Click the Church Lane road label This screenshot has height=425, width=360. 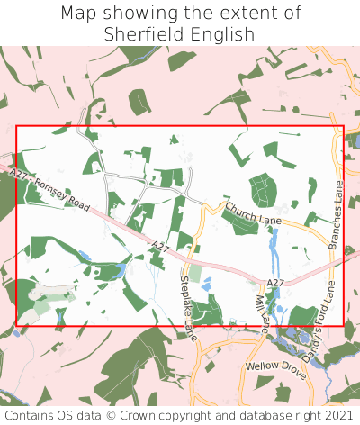[254, 213]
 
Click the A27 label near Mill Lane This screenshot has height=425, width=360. [275, 283]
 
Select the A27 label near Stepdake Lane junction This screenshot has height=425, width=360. [160, 245]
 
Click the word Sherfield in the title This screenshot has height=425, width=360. [142, 34]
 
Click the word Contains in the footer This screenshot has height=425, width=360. [31, 415]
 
